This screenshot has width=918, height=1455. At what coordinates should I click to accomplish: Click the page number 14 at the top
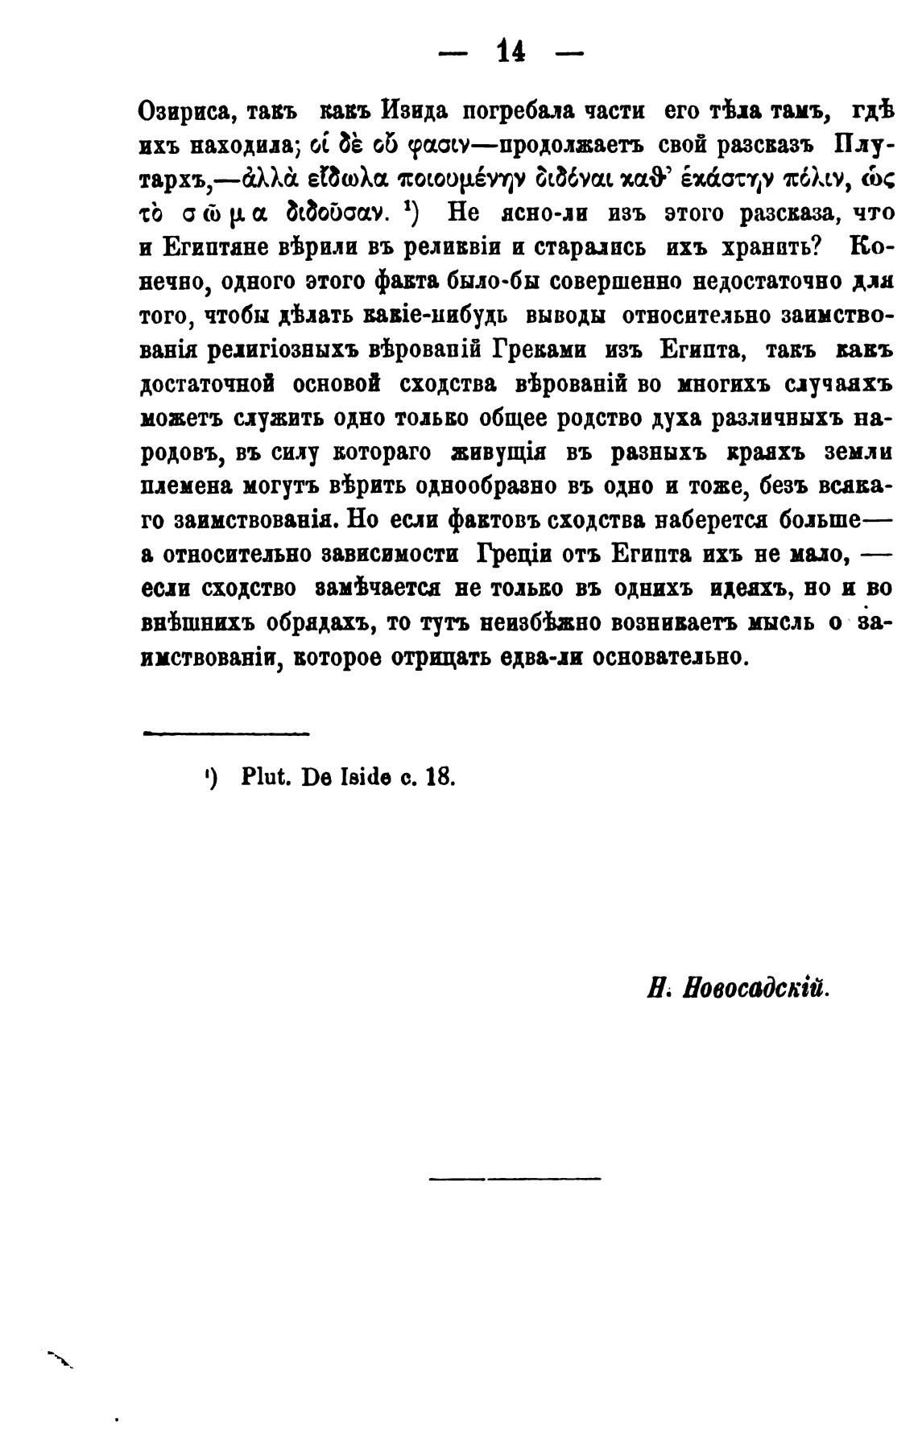pyautogui.click(x=511, y=52)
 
